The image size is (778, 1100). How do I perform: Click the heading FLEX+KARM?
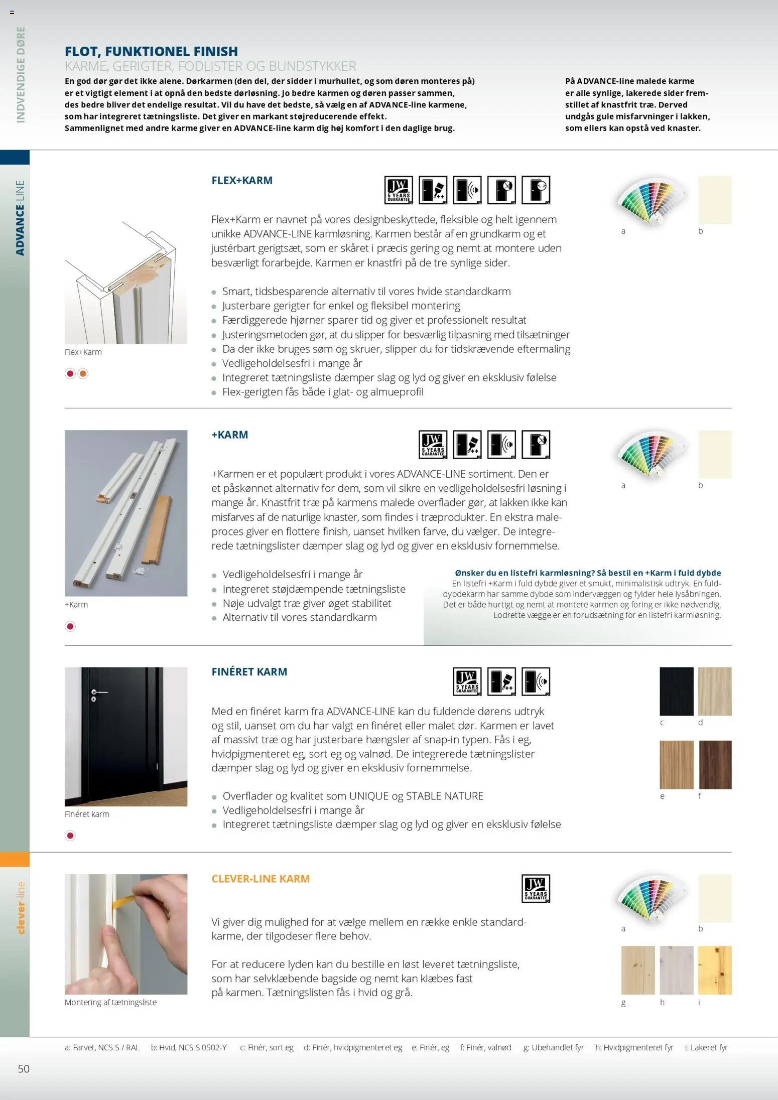(x=241, y=180)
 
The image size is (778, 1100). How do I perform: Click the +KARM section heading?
(x=229, y=435)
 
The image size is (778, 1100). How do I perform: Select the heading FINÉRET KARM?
(x=249, y=671)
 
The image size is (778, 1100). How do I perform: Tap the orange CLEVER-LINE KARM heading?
(x=260, y=879)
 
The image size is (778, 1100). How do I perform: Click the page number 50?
(x=24, y=1068)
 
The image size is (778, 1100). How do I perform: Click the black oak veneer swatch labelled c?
(x=676, y=691)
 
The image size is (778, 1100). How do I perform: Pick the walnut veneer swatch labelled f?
(x=715, y=765)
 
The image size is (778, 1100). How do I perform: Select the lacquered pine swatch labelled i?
(x=715, y=970)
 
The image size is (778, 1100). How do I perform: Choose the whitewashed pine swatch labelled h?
(x=676, y=970)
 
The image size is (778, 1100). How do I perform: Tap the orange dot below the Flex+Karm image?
(x=83, y=373)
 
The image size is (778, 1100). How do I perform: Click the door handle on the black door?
(x=99, y=693)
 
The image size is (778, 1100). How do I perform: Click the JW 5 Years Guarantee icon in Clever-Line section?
(x=536, y=889)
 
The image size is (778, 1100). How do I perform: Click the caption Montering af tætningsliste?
(x=110, y=1002)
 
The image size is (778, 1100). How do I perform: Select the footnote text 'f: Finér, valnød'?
(x=485, y=1047)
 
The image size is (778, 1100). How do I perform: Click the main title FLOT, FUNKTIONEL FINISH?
(x=151, y=51)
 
